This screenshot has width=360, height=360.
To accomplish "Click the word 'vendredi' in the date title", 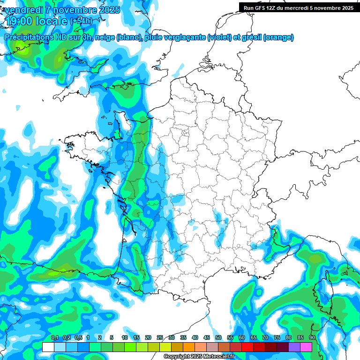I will [23, 10].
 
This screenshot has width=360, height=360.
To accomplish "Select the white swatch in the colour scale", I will [48, 347].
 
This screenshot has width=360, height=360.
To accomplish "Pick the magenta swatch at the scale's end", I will [306, 347].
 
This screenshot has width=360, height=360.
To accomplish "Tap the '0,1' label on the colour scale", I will [54, 338].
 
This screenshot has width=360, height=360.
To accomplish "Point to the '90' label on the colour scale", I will [312, 338].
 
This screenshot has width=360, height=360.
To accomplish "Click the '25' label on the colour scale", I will [160, 338].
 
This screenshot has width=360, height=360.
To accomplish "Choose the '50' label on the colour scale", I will [218, 338].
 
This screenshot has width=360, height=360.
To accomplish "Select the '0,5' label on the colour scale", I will [78, 338].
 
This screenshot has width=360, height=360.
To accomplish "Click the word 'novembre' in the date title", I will [75, 10].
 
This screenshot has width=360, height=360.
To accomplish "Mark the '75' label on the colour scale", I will [277, 338].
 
